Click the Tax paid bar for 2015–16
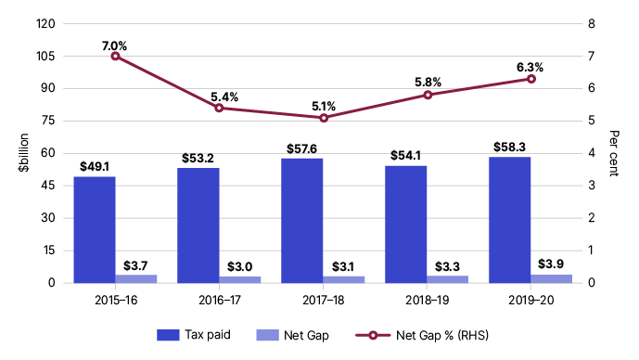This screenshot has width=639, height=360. pos(95,229)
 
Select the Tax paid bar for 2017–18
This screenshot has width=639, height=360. pos(302,221)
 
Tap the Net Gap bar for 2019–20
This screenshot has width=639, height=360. pos(552,279)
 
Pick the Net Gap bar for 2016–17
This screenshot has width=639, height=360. pos(240,279)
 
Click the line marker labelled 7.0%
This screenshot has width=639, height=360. pos(115,57)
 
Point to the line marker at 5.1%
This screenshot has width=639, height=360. pos(324,118)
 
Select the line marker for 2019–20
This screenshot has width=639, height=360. pos(531,79)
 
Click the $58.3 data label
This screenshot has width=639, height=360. pos(509,147)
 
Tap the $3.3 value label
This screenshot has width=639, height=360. pos(447,266)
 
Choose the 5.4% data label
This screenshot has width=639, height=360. pos(224,97)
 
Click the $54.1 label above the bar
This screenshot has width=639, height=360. pos(405,155)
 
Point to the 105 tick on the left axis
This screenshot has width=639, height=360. pos(45,57)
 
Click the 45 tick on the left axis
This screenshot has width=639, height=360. pos(47,186)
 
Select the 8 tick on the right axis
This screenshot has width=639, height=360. pos(592,23)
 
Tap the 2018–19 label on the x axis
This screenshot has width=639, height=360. pos(428,300)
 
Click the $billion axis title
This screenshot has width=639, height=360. pos(23,152)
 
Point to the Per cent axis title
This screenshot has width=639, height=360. pos(614,153)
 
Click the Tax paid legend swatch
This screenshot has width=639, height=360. pos(168,335)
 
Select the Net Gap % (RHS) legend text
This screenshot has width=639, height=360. pos(442,335)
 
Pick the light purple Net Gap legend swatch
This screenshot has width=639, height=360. pos(267,335)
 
